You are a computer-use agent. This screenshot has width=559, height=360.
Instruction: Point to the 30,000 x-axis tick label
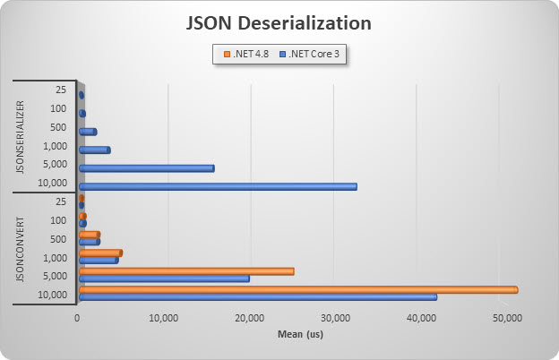[335, 317]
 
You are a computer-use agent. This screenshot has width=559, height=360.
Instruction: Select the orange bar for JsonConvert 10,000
[297, 289]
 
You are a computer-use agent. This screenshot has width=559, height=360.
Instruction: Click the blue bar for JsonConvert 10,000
[257, 296]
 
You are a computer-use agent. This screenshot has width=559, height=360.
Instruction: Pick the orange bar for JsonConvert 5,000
[185, 270]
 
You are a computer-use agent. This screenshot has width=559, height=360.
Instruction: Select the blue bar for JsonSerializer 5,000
[146, 167]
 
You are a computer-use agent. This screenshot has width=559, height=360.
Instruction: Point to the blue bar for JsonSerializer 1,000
[94, 150]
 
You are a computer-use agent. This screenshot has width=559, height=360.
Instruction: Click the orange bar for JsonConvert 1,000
[99, 253]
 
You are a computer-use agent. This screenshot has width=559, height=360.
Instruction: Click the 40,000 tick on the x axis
[420, 317]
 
